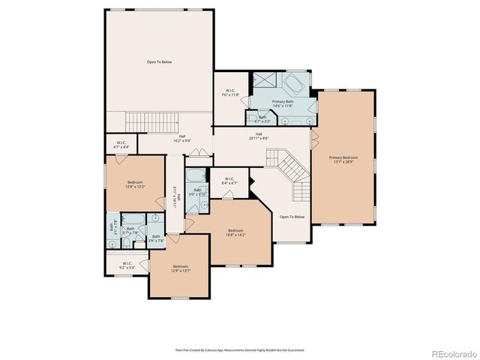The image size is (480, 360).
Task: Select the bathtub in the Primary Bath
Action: (294, 82)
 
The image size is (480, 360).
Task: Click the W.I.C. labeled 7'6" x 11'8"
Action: (230, 93)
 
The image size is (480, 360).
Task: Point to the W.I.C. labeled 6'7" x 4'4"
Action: (121, 145)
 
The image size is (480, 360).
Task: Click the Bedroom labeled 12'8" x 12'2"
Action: (135, 184)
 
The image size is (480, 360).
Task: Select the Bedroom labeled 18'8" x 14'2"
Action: (235, 232)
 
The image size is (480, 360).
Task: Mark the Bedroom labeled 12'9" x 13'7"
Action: (181, 268)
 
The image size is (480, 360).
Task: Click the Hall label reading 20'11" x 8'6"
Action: (259, 136)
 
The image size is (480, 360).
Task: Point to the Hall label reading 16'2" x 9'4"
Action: (182, 137)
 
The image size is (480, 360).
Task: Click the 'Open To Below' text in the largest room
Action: (159, 61)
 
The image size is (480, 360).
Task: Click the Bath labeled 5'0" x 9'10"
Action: (199, 191)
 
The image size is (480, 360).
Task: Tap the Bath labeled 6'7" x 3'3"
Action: (262, 118)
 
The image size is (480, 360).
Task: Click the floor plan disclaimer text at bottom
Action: (240, 349)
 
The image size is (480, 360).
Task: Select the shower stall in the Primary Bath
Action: (264, 81)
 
